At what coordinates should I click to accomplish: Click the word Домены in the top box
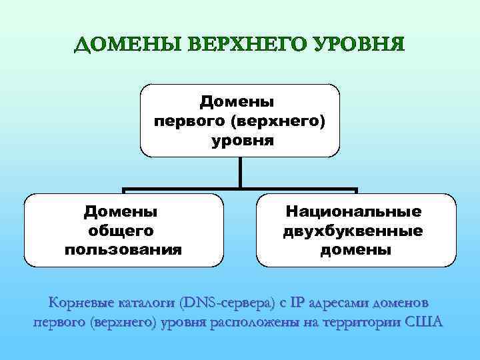point(240,102)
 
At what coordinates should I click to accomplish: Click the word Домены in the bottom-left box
point(121,211)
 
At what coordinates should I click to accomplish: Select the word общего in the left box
point(121,231)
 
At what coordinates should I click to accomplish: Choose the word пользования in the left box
point(123,250)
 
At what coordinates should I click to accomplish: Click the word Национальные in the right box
point(354,211)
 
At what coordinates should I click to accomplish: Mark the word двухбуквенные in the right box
point(353,231)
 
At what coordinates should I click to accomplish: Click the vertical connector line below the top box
point(240,173)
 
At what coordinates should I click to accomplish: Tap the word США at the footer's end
point(426,323)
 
